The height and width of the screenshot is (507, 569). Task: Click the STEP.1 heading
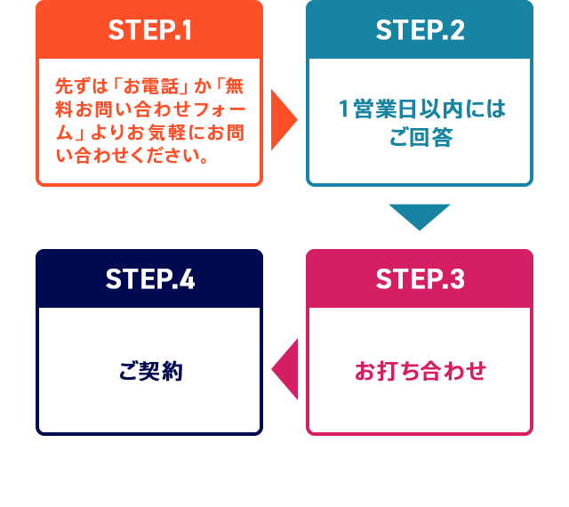(x=149, y=30)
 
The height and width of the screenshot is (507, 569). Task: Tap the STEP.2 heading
(x=420, y=30)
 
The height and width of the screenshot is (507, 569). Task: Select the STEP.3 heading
(x=420, y=279)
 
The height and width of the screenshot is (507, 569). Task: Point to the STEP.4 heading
(x=149, y=279)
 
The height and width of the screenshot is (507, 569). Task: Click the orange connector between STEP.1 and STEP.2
(x=284, y=119)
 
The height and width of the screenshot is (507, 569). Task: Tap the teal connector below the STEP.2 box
(x=420, y=217)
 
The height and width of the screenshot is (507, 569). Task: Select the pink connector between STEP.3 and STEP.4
(x=284, y=369)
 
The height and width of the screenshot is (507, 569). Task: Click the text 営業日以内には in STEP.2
(x=429, y=109)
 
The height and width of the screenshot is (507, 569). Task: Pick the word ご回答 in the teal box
(x=421, y=137)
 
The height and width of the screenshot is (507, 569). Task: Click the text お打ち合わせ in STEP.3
(x=420, y=371)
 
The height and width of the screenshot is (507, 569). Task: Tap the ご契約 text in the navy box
(x=148, y=371)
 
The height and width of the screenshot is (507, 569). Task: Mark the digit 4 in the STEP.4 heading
(x=186, y=279)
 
